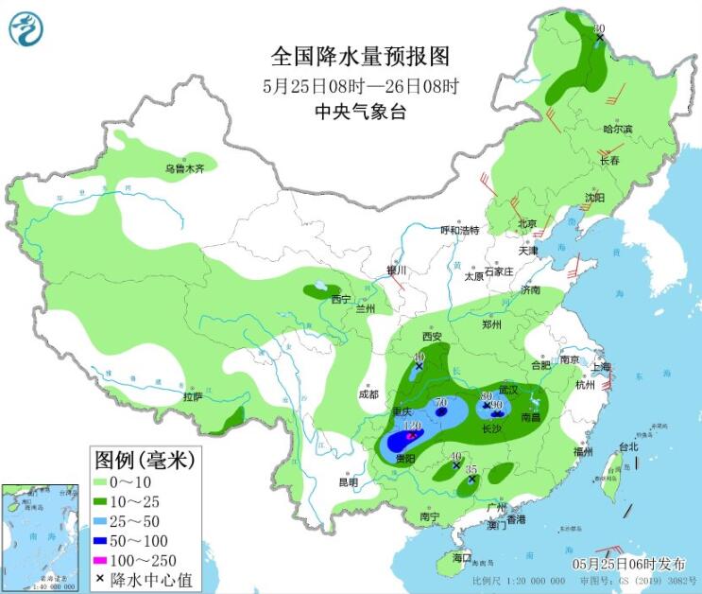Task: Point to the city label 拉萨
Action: (193, 398)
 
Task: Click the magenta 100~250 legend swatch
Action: (110, 561)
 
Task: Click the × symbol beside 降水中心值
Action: (99, 580)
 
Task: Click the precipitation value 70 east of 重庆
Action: (440, 404)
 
